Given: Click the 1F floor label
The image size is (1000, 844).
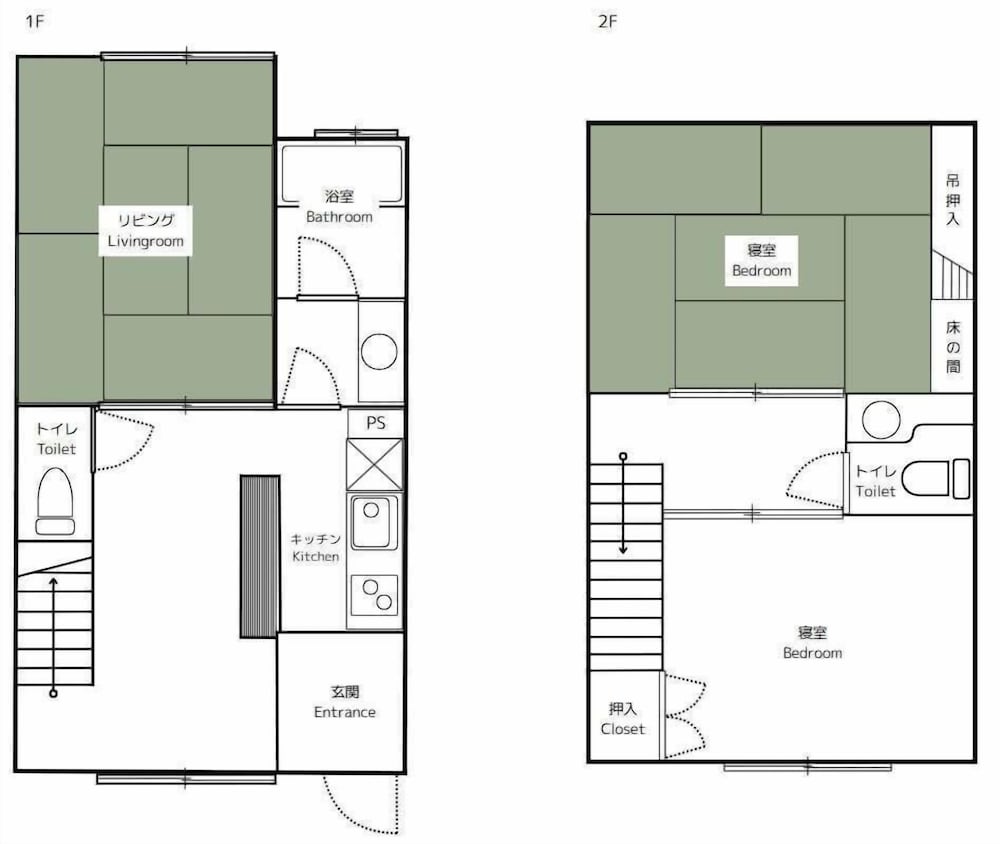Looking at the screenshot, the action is point(34,22).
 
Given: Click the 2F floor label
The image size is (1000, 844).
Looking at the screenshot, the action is point(608,22).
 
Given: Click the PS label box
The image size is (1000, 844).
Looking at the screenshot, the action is point(376,423).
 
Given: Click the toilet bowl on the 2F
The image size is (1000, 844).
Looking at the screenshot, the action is point(936,478).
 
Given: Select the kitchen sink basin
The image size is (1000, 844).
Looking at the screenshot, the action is point(372,522).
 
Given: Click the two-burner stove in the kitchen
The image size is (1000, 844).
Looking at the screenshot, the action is point(375,595).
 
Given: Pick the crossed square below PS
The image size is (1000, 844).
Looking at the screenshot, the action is point(375,464).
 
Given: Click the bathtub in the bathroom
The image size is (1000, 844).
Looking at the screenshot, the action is point(342,172).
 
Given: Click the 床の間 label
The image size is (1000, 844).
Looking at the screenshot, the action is point(953,347).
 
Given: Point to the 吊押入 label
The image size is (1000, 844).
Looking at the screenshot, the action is point(952,200).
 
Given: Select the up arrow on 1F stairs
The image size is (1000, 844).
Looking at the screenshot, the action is point(54,636).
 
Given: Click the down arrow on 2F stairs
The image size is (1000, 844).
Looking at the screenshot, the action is point(623,504).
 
